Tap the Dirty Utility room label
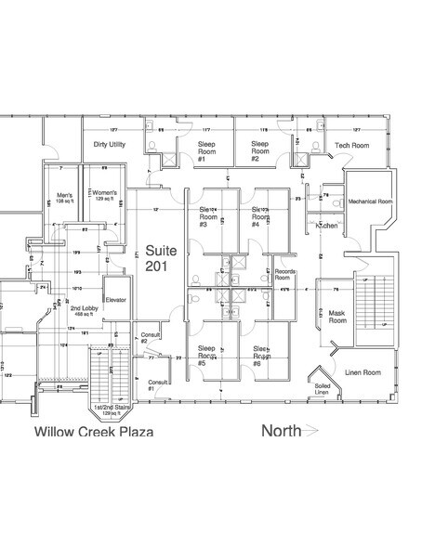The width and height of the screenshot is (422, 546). click(110, 145)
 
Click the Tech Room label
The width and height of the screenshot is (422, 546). click(351, 146)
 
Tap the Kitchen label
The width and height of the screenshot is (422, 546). click(326, 226)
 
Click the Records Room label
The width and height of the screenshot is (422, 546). click(285, 277)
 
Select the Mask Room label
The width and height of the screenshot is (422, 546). click(337, 318)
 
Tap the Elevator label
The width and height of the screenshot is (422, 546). click(115, 301)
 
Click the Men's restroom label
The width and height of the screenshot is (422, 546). click(64, 198)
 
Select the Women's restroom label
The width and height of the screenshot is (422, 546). click(101, 196)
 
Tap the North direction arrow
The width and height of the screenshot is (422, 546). click(291, 430)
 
